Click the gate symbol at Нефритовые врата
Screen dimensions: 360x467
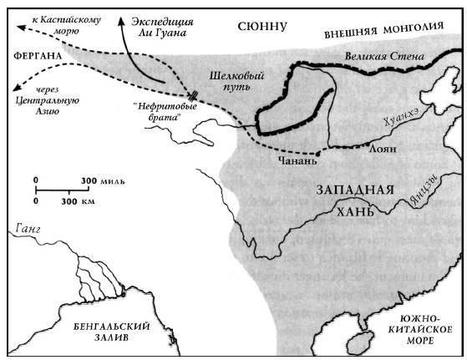192,97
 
